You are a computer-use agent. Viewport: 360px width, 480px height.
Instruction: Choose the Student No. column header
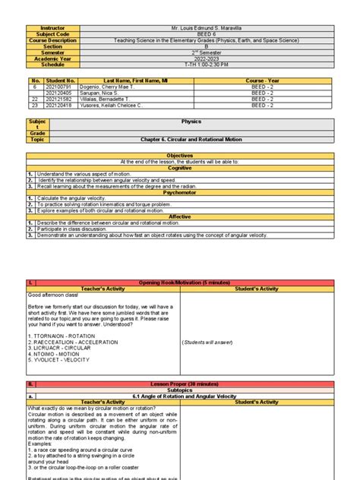click(x=61, y=80)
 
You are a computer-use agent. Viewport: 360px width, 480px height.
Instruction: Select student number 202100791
click(x=61, y=87)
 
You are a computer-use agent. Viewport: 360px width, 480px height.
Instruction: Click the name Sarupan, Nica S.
click(x=99, y=93)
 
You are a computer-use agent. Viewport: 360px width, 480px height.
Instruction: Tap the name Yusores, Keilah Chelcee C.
click(x=113, y=105)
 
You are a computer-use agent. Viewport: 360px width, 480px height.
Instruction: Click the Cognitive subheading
click(x=180, y=168)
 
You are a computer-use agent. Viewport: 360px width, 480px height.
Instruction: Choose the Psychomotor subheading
click(x=180, y=192)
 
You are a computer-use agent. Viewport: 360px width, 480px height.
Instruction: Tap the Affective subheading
click(x=180, y=216)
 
